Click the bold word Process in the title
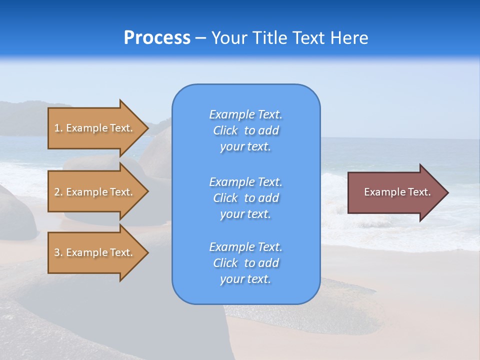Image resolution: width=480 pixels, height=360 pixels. pyautogui.click(x=157, y=38)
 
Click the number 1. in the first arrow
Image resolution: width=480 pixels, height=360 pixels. pyautogui.click(x=58, y=128)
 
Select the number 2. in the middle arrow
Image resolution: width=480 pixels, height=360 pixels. pyautogui.click(x=58, y=192)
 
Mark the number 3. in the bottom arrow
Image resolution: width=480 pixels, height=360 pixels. pyautogui.click(x=58, y=252)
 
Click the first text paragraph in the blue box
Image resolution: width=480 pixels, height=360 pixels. pyautogui.click(x=245, y=130)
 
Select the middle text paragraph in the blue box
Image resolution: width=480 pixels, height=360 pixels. pyautogui.click(x=245, y=198)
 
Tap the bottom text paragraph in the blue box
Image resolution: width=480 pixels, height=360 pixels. pyautogui.click(x=245, y=263)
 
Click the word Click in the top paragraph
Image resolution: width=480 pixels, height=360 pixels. pyautogui.click(x=225, y=130)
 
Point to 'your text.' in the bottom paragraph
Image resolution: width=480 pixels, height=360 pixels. pyautogui.click(x=245, y=279)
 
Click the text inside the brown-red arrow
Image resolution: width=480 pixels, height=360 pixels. pyautogui.click(x=397, y=192)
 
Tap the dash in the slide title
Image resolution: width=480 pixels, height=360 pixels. pyautogui.click(x=200, y=38)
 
